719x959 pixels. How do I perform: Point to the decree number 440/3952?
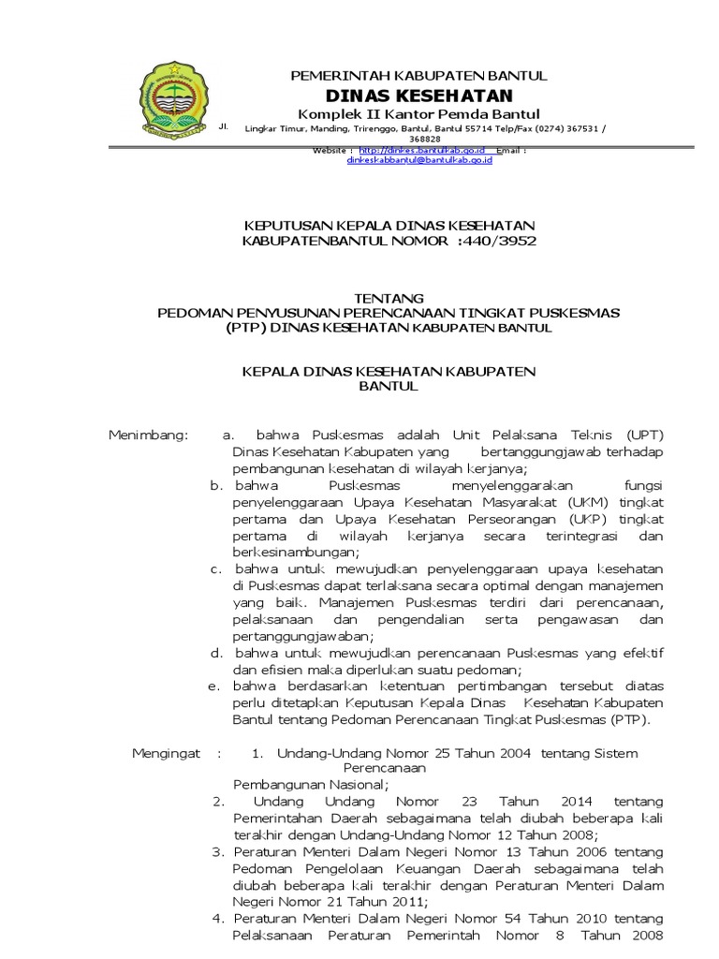point(500,241)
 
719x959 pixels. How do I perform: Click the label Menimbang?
point(148,435)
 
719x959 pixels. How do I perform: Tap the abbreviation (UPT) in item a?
point(642,435)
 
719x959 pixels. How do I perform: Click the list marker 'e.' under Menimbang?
point(214,686)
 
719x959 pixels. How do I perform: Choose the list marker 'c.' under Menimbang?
point(214,568)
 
